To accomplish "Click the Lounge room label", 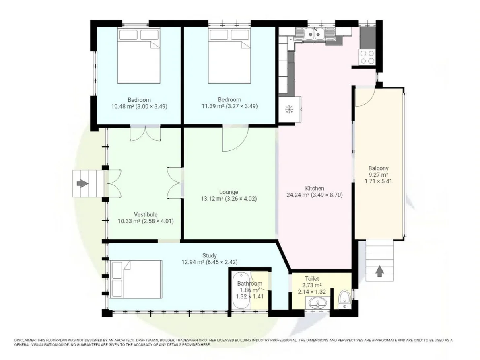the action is [229, 192].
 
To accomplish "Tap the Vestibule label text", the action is [146, 214].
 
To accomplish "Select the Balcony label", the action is [378, 168].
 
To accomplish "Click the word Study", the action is [209, 255].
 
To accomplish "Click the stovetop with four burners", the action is [367, 57].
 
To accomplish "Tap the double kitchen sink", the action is [314, 33].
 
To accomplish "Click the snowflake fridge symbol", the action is [289, 109].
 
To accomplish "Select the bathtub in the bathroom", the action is [242, 290].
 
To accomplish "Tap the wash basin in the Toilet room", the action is [317, 303].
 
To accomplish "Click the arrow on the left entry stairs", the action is [82, 184].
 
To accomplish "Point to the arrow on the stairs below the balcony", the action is [379, 271].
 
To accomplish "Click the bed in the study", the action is [136, 279].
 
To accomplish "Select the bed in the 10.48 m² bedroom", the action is [139, 56].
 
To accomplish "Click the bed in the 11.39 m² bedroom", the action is [230, 56].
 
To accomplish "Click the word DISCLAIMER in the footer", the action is [25, 340].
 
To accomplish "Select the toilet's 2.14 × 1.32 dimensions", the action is [312, 292].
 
